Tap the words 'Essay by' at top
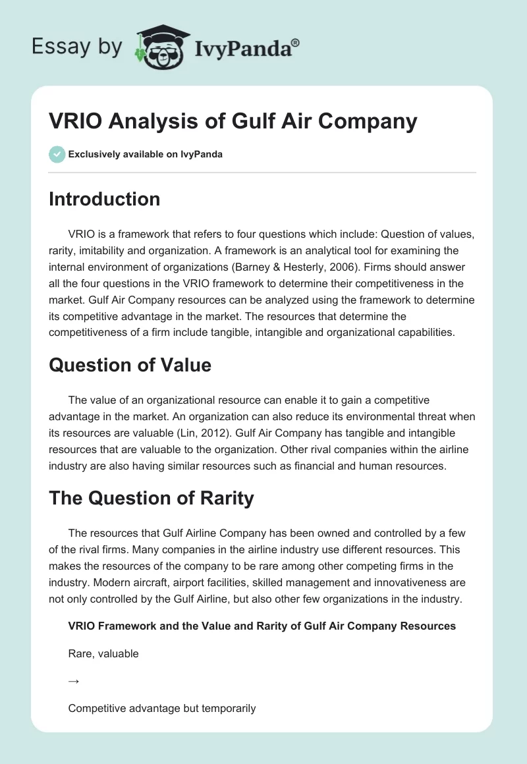76,47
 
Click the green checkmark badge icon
57,154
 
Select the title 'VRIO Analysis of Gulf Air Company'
233,122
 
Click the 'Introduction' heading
104,199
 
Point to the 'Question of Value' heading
130,364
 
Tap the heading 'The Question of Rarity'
151,499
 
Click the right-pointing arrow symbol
74,682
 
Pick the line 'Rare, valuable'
103,654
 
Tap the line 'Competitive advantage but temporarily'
161,709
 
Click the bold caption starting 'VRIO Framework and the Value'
262,626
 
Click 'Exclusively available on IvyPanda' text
145,154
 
